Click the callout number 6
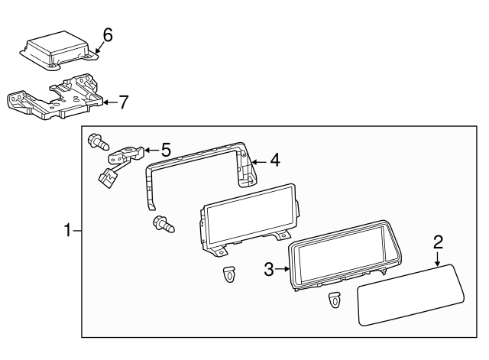click(108, 34)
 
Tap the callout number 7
click(123, 100)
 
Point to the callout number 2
click(438, 242)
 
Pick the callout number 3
click(268, 268)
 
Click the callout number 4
click(274, 161)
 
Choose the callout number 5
click(165, 151)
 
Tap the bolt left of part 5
click(98, 142)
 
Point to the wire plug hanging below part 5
click(107, 177)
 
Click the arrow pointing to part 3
click(283, 268)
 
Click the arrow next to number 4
click(257, 161)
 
